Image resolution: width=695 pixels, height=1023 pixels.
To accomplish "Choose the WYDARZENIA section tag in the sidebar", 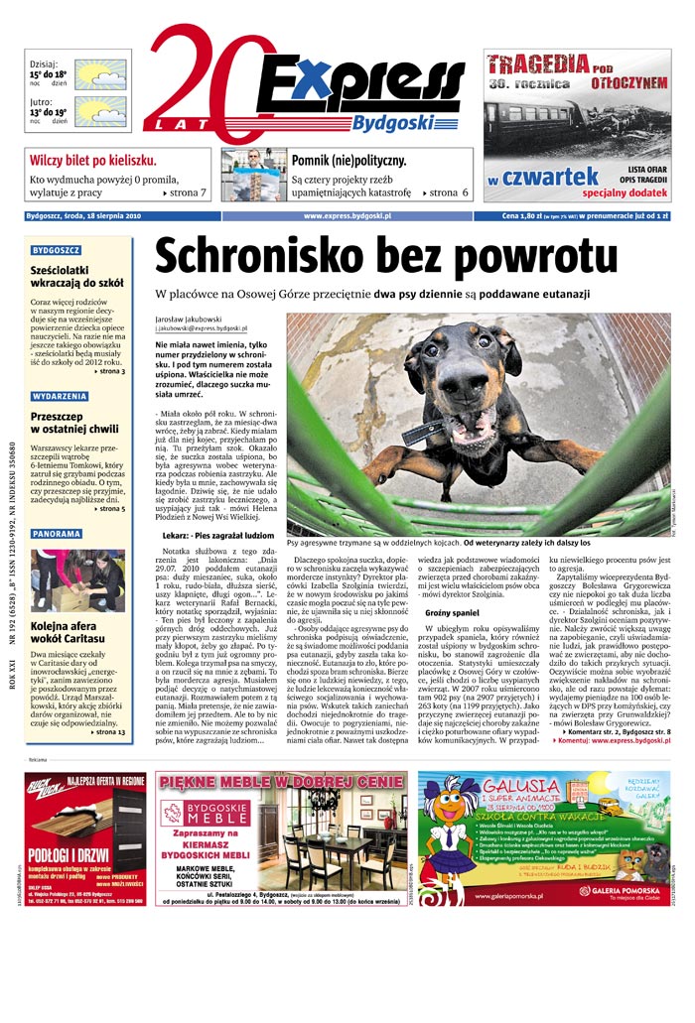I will pos(60,396).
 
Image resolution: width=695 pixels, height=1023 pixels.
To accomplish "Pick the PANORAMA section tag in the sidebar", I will pos(57,534).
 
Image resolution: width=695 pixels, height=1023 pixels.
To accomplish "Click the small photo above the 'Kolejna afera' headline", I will pos(78,580).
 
